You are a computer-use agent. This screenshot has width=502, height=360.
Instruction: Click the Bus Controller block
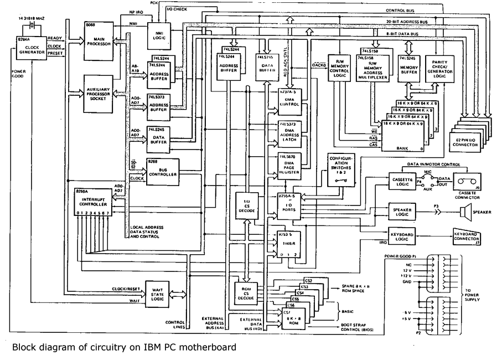click(163, 171)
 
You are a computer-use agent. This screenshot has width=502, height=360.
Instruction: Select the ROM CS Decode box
click(244, 292)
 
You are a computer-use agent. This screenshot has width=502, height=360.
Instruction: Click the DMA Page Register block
click(289, 167)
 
